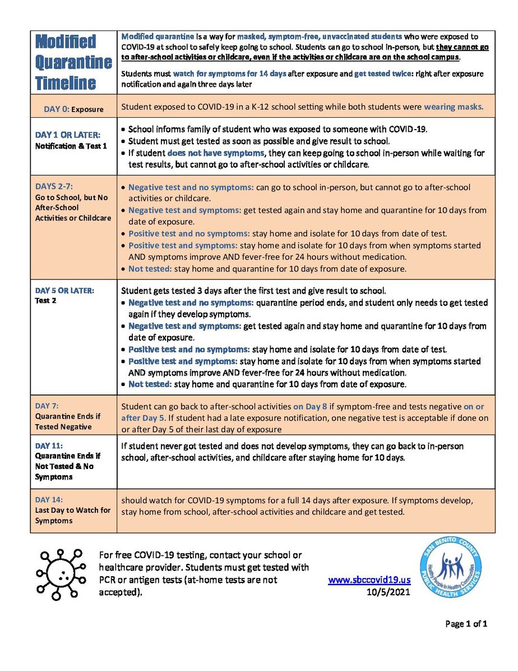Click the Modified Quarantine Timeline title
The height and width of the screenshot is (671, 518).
73,62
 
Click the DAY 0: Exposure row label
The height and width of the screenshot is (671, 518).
73,109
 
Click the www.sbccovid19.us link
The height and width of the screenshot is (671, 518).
369,581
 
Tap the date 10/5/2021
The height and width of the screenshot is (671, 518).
388,591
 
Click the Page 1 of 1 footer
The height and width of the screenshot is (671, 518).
466,623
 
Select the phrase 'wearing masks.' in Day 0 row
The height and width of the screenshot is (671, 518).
454,106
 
